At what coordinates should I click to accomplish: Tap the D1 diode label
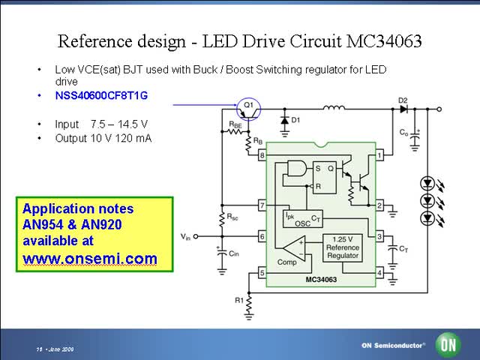pyautogui.click(x=296, y=119)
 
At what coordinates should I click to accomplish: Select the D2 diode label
pyautogui.click(x=403, y=100)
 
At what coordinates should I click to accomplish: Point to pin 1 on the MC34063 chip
pyautogui.click(x=379, y=156)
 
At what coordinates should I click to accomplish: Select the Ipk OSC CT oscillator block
pyautogui.click(x=301, y=217)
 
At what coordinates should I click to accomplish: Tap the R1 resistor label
pyautogui.click(x=238, y=299)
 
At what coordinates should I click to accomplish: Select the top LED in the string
pyautogui.click(x=427, y=182)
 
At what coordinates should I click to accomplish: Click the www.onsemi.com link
pyautogui.click(x=90, y=259)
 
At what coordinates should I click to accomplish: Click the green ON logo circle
pyautogui.click(x=449, y=346)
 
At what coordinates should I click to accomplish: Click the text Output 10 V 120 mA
pyautogui.click(x=103, y=138)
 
